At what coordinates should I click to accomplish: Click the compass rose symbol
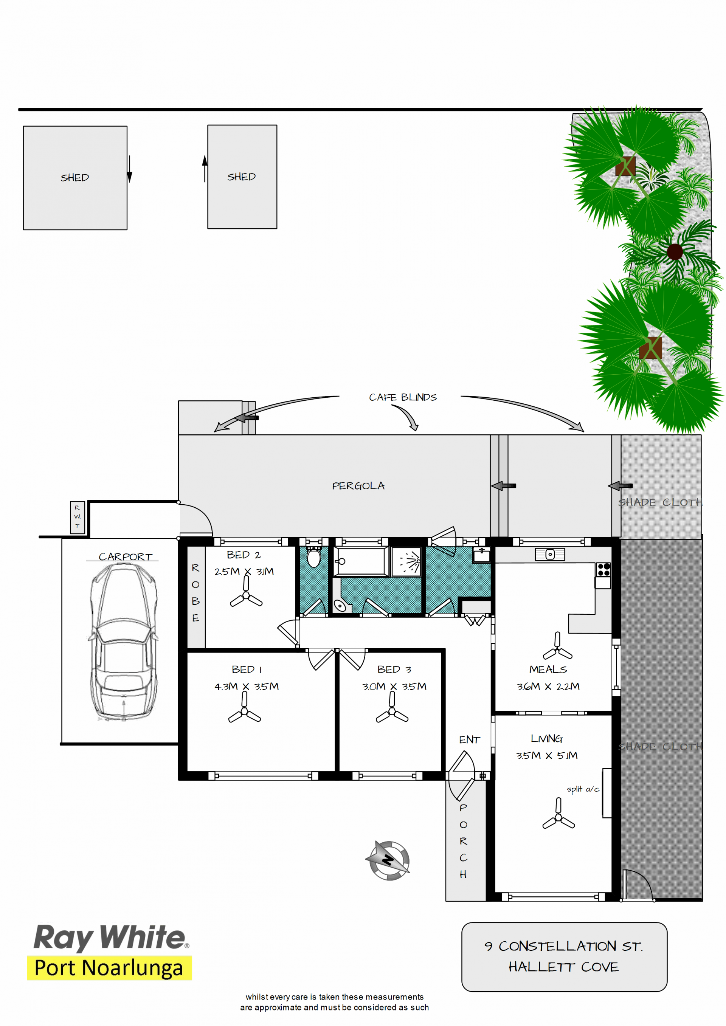(x=388, y=860)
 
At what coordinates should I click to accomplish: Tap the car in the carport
(x=123, y=642)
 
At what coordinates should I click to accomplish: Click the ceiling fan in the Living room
(x=558, y=814)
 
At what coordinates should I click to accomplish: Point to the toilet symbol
(x=314, y=557)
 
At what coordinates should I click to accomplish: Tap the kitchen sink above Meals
(x=550, y=554)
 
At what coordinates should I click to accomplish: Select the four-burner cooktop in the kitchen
(x=603, y=569)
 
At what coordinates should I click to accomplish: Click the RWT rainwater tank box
(x=78, y=517)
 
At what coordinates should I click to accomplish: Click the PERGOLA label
(x=358, y=486)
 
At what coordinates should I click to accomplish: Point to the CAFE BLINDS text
(x=403, y=397)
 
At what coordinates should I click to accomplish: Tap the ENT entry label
(x=469, y=739)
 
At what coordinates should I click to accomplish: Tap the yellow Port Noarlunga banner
(x=110, y=968)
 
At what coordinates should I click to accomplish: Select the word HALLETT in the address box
(x=541, y=967)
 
